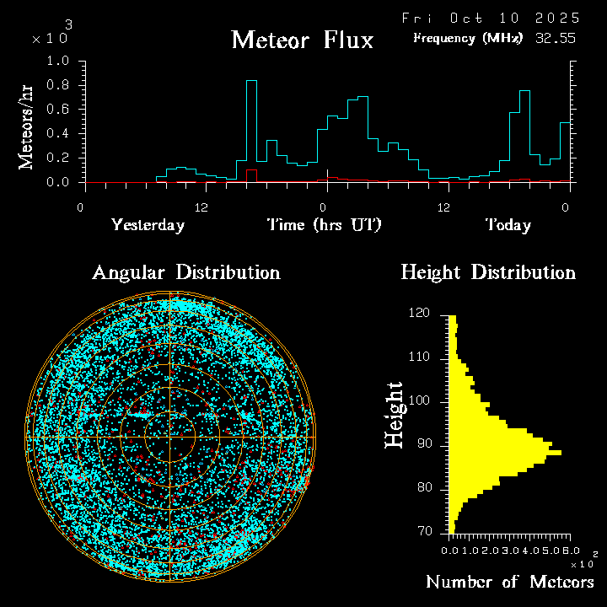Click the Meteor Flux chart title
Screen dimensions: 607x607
pos(302,40)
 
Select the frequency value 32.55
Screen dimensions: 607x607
pos(557,38)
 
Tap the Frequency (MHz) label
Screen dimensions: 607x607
pos(468,38)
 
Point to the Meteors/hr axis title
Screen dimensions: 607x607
pos(27,127)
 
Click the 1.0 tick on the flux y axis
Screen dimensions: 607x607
pos(59,62)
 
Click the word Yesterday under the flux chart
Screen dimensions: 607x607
pos(148,225)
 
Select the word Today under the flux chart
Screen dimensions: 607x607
pos(508,225)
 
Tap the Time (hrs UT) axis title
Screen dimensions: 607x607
pos(324,225)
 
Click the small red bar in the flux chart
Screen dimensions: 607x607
pos(251,175)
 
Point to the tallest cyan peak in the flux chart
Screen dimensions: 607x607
pos(251,82)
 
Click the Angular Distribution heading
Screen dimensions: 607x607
pos(186,272)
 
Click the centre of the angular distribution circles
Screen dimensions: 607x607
pos(170,438)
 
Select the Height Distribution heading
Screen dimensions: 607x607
pos(488,272)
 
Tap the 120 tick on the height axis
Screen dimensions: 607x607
pos(420,314)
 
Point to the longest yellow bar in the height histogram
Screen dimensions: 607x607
pos(506,453)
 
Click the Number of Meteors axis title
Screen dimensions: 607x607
pos(509,583)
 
